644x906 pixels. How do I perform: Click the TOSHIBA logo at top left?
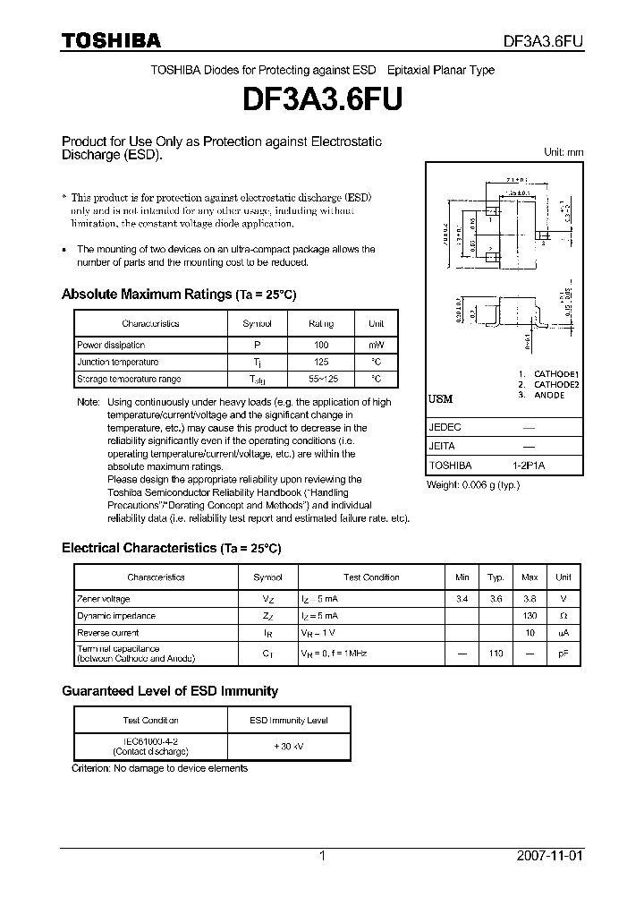coord(111,40)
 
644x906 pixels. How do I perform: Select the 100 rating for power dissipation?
coord(321,345)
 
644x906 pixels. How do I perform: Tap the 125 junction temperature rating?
coord(321,362)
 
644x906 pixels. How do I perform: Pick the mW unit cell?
coord(376,345)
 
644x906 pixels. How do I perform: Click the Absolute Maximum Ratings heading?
coord(178,295)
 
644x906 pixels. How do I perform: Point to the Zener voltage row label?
coord(104,599)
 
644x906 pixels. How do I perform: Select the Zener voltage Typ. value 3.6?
coord(496,599)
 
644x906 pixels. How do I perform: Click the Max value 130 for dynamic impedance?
coord(530,616)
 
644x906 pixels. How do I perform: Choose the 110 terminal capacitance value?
coord(496,654)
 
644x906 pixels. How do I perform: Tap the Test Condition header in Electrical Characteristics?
coord(371,577)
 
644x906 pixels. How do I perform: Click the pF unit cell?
coord(563,654)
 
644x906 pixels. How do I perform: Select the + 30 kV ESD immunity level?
coord(289,746)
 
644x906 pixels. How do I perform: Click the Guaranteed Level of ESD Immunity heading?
coord(169,691)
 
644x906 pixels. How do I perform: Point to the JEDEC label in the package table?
coord(445,428)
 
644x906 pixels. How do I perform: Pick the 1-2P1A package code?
coord(529,466)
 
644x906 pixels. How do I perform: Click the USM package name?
coord(440,399)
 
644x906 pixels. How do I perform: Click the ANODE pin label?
coord(549,395)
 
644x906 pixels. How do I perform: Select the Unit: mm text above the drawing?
coord(563,152)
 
